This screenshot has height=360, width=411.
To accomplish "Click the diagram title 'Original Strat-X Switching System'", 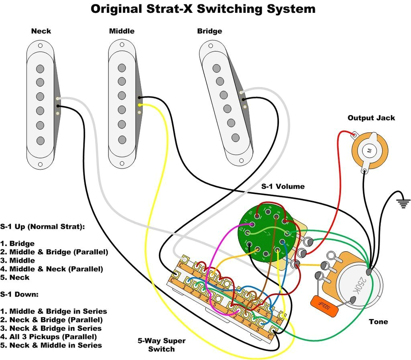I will pyautogui.click(x=203, y=9).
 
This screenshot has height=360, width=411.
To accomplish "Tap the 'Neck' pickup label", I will pyautogui.click(x=41, y=31).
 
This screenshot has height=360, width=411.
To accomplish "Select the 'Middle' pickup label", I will pyautogui.click(x=122, y=31).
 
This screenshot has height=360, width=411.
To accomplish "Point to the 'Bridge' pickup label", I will pyautogui.click(x=210, y=31).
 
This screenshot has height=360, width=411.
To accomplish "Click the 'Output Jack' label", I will pyautogui.click(x=371, y=118).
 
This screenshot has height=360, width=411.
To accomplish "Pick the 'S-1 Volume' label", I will pyautogui.click(x=283, y=187).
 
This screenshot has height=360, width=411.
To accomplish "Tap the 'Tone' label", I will pyautogui.click(x=378, y=321).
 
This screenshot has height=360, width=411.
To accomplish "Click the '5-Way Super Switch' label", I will pyautogui.click(x=161, y=345).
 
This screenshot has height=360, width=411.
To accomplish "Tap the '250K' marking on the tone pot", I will pyautogui.click(x=360, y=285).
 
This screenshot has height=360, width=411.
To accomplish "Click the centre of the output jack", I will pyautogui.click(x=368, y=151).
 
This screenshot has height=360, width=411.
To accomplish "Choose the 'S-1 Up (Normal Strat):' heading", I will pyautogui.click(x=43, y=227).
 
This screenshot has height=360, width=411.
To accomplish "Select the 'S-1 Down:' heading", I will pyautogui.click(x=19, y=295).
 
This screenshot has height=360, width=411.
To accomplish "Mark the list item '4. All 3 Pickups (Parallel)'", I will pyautogui.click(x=49, y=337).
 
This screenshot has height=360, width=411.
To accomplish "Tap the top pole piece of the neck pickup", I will pyautogui.click(x=40, y=69).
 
